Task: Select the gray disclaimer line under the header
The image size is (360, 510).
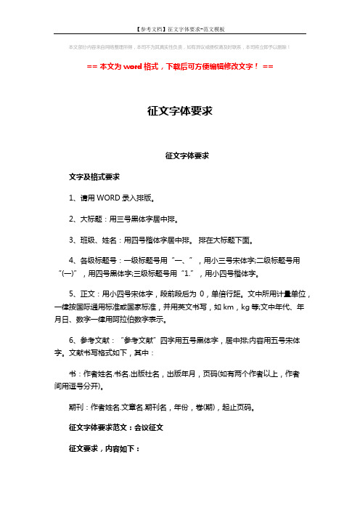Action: pyautogui.click(x=179, y=48)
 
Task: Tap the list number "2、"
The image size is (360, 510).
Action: pyautogui.click(x=73, y=216)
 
